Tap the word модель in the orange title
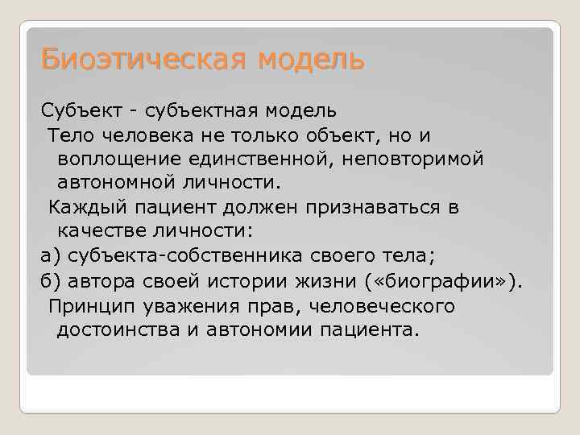pyautogui.click(x=312, y=59)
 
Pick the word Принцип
pyautogui.click(x=89, y=306)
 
